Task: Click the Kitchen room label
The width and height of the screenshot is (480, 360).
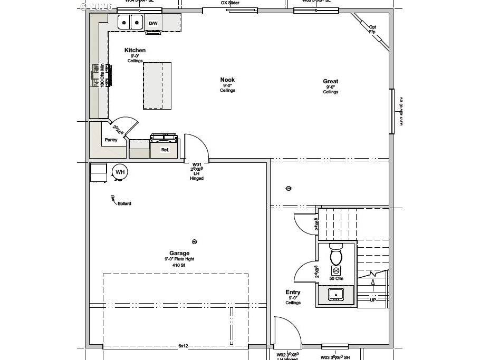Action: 135,51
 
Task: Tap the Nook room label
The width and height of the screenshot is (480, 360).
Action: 227,80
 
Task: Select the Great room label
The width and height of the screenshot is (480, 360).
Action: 331,82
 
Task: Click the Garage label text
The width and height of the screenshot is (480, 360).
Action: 179,253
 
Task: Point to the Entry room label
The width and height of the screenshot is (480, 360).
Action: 293,293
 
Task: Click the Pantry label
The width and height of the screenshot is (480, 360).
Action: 111,140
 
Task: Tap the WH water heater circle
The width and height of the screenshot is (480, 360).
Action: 120,172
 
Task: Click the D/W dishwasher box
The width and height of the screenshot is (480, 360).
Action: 153,24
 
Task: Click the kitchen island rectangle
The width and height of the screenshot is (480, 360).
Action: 157,85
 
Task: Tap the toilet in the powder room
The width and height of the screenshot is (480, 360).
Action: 336,256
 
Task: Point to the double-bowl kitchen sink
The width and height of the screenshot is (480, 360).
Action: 130,23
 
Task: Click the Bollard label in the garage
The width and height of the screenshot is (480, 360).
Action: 124,203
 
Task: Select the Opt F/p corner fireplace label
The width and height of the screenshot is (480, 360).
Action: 372,30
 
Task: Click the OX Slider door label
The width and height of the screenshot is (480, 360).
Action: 230,3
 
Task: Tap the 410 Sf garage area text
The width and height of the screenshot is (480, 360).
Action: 179,266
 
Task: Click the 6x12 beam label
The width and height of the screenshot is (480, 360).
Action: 183,346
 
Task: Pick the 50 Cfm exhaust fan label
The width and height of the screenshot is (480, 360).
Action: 336,278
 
